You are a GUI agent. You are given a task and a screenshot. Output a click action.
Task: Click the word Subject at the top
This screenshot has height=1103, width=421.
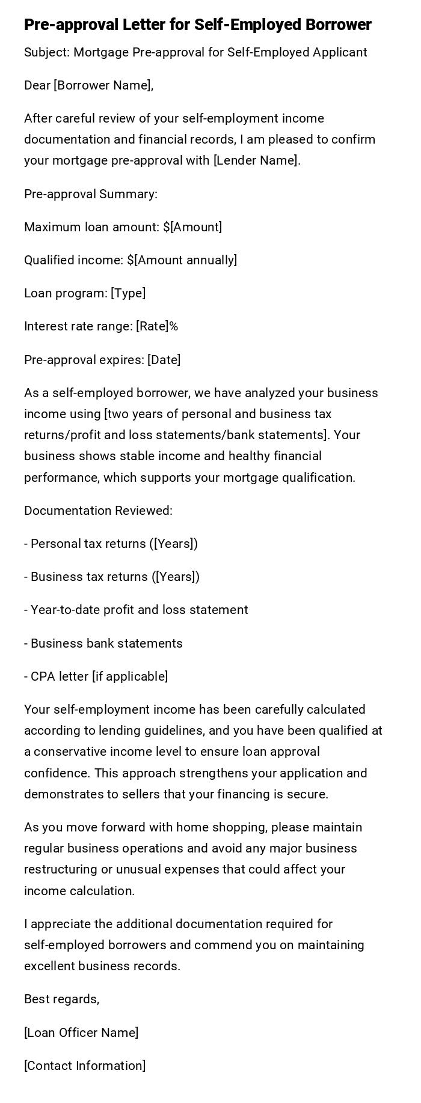click(46, 52)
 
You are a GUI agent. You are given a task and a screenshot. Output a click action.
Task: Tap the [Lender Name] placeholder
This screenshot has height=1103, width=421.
click(257, 160)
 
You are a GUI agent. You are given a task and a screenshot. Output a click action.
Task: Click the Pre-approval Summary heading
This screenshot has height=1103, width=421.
click(91, 194)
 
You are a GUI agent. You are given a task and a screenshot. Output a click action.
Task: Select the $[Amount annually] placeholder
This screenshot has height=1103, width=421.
click(182, 260)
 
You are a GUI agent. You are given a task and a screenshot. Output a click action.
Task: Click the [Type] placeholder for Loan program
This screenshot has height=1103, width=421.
click(128, 293)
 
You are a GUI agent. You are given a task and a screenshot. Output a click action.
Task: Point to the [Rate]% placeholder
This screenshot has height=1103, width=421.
click(157, 326)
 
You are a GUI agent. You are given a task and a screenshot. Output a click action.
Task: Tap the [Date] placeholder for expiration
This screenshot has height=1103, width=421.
click(164, 360)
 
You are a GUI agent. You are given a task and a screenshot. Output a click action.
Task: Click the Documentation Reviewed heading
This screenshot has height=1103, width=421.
click(98, 511)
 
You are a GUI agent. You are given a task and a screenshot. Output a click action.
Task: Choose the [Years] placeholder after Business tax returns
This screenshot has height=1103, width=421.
click(177, 577)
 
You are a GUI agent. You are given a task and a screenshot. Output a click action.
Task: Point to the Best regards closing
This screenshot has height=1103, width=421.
click(61, 999)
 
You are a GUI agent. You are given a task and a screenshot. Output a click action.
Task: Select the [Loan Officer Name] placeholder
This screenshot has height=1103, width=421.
click(81, 1033)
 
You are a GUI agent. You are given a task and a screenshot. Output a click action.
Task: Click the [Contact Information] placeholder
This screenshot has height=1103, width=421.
click(85, 1066)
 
